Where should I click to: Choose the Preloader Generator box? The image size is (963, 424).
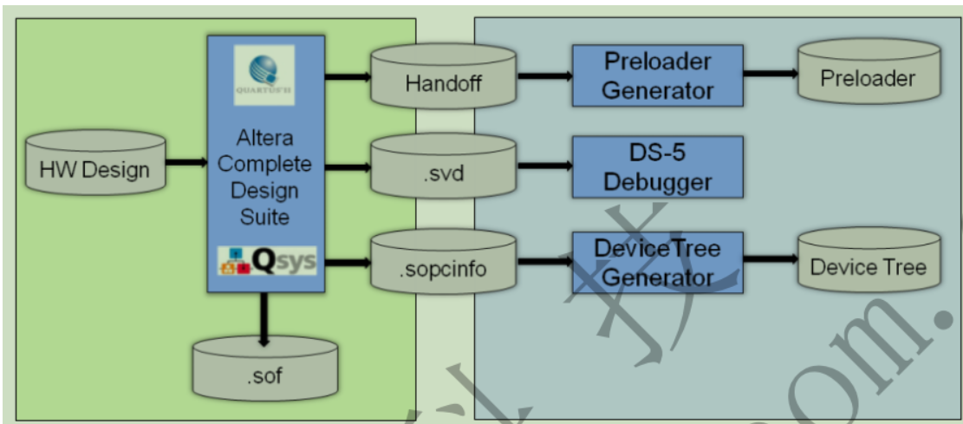[657, 75]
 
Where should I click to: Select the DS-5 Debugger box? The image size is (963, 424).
[657, 166]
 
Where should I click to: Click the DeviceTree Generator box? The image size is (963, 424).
[657, 262]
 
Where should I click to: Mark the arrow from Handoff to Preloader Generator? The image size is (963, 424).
[544, 76]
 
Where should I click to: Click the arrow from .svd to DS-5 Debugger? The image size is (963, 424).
[544, 167]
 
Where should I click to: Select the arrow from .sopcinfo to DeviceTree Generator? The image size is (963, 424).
[544, 259]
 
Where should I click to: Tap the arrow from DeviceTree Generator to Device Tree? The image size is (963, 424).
[771, 259]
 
